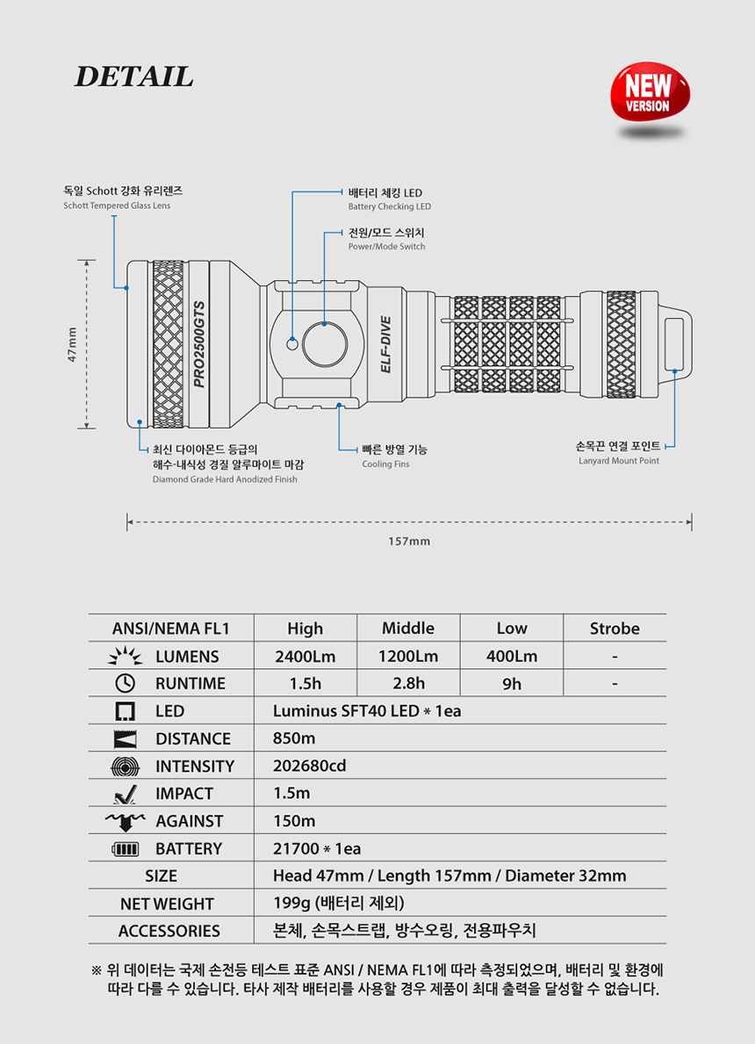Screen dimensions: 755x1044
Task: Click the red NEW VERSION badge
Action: pyautogui.click(x=650, y=92)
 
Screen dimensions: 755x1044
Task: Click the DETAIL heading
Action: pyautogui.click(x=133, y=76)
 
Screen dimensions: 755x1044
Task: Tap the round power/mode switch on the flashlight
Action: pyautogui.click(x=325, y=345)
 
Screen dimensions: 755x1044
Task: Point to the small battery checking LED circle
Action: pyautogui.click(x=291, y=343)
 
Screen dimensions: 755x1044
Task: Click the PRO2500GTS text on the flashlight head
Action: pyautogui.click(x=199, y=344)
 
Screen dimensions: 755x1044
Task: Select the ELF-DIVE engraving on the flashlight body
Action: pyautogui.click(x=385, y=344)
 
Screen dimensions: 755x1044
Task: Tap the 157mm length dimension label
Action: pyautogui.click(x=409, y=541)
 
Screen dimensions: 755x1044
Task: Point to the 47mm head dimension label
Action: pyautogui.click(x=72, y=344)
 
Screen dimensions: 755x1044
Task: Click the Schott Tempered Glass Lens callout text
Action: pyautogui.click(x=117, y=205)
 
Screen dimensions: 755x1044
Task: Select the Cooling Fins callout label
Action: pyautogui.click(x=385, y=464)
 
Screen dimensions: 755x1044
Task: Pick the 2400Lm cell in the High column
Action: pyautogui.click(x=305, y=656)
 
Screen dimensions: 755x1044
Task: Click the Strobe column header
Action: pyautogui.click(x=615, y=629)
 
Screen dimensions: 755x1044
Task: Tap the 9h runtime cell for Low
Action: pyautogui.click(x=511, y=684)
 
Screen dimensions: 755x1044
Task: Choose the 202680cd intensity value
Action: pyautogui.click(x=310, y=766)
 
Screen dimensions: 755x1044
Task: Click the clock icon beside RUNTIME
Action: pyautogui.click(x=126, y=683)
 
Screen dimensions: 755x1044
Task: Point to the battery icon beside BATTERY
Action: pyautogui.click(x=126, y=849)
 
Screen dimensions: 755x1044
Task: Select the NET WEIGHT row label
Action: pyautogui.click(x=167, y=904)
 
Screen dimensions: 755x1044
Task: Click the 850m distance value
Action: pyautogui.click(x=294, y=738)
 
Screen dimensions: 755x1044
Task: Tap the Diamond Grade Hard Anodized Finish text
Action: pyautogui.click(x=225, y=479)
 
